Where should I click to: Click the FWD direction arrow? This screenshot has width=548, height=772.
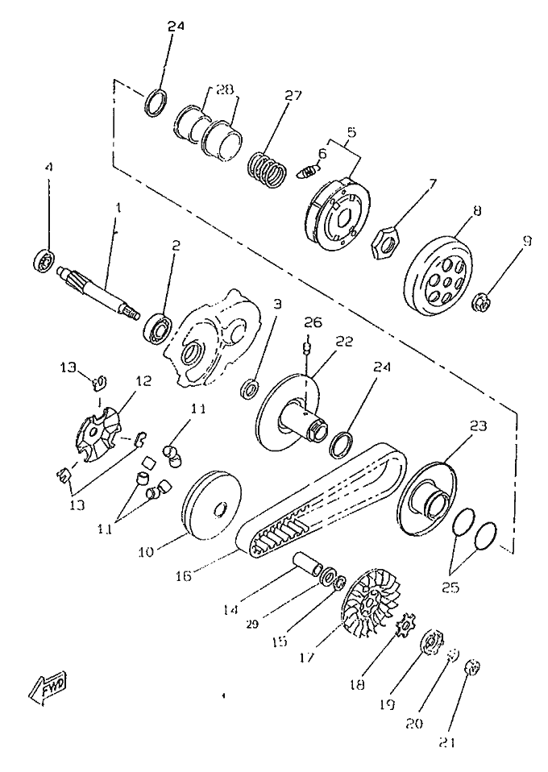(x=50, y=687)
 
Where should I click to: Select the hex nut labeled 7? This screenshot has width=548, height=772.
(x=385, y=240)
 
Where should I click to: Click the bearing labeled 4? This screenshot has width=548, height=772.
(x=43, y=261)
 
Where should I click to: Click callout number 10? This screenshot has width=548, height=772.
(x=146, y=553)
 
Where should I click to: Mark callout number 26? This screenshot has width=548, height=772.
(x=313, y=322)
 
